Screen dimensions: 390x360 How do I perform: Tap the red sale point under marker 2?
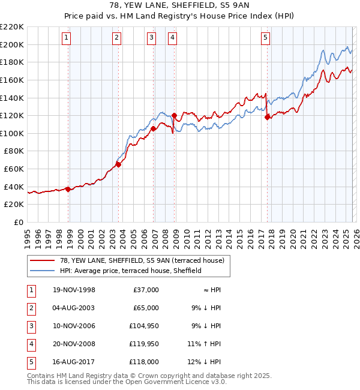(118, 164)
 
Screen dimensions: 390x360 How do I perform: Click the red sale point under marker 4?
(174, 115)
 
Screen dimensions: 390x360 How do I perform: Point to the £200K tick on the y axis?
(13, 44)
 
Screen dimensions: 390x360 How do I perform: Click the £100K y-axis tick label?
(13, 133)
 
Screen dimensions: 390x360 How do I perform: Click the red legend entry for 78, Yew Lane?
(142, 260)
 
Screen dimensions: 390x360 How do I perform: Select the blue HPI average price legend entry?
(130, 271)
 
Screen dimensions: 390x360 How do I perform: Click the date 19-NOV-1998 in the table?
(74, 290)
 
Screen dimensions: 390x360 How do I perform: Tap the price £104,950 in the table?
(143, 326)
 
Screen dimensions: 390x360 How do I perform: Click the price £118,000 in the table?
(143, 362)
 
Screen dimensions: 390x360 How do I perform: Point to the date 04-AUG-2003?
(74, 308)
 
